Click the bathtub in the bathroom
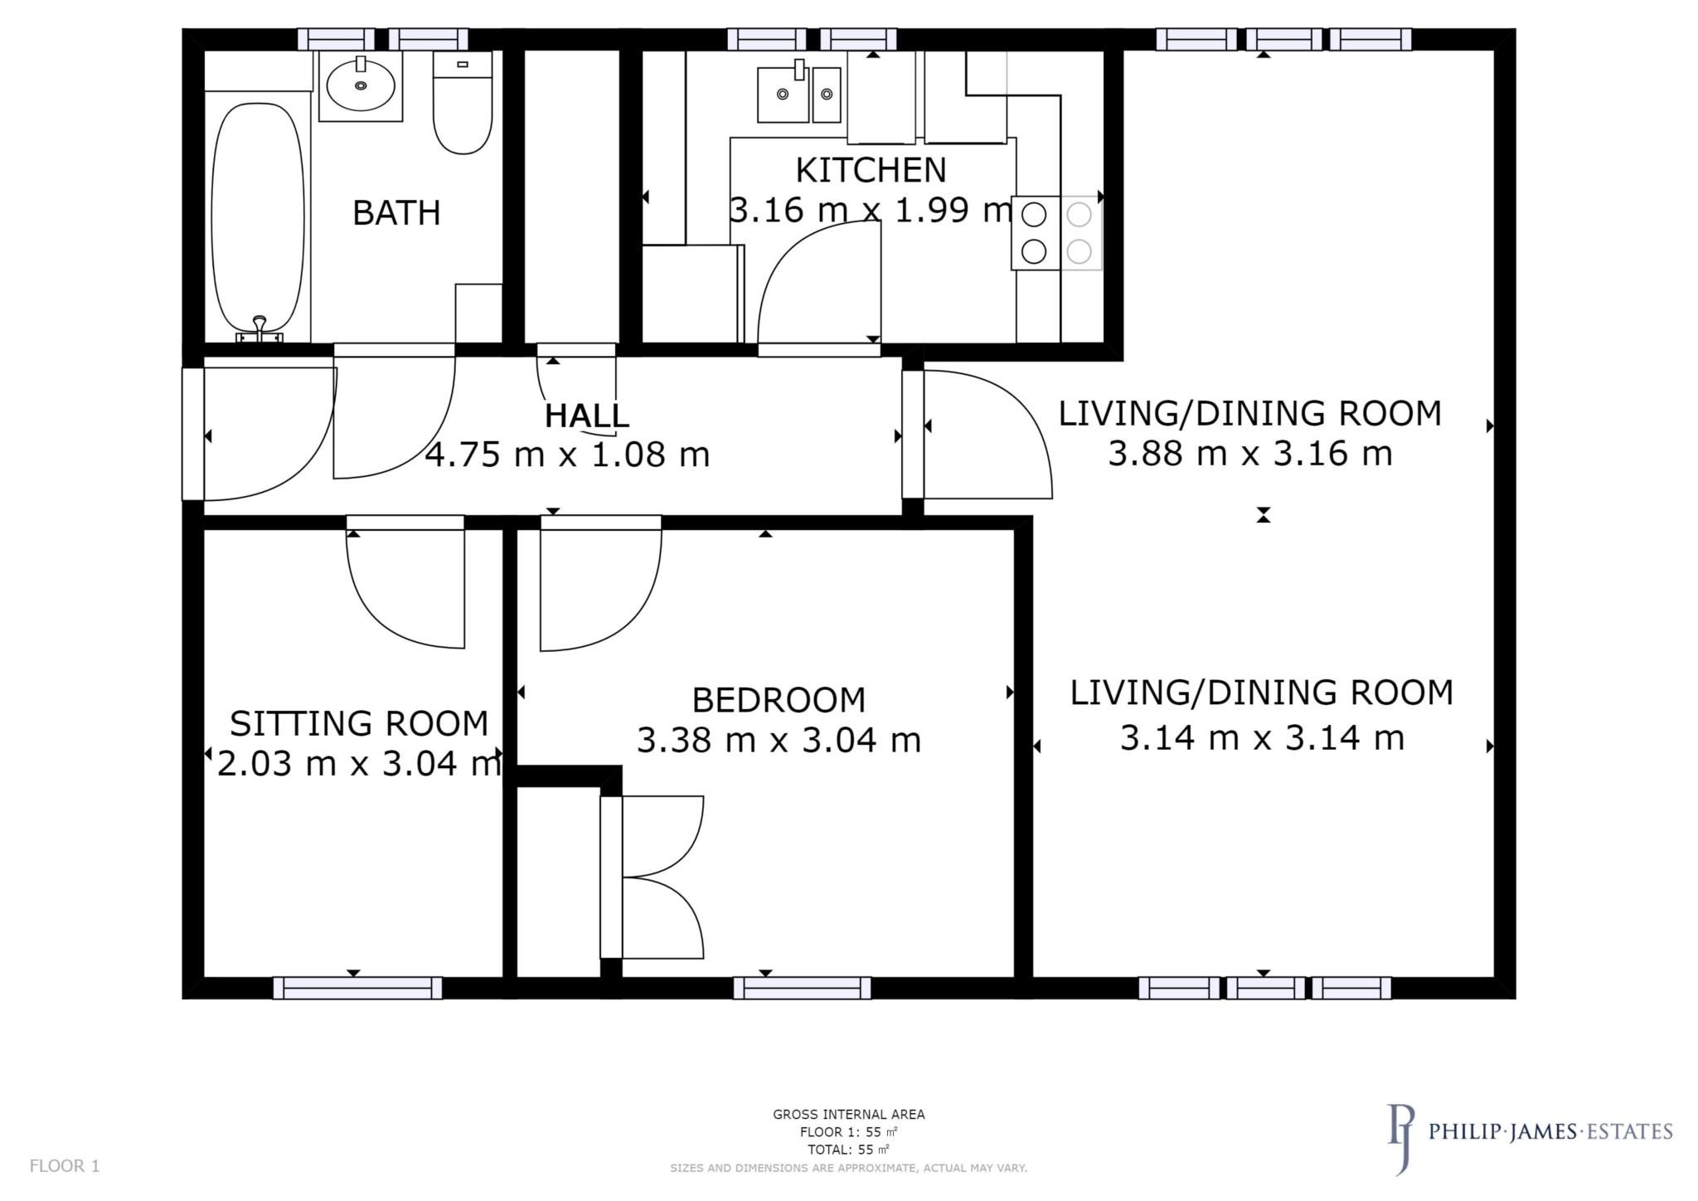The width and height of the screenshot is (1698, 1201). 257,217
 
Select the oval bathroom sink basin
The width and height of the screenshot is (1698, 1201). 361,85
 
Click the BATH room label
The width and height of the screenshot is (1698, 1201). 396,213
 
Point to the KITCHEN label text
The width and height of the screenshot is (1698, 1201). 871,170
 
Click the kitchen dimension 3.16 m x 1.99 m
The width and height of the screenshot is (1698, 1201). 871,210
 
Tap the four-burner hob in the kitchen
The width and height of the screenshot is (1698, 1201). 1056,233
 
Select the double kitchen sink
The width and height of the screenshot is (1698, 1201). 798,95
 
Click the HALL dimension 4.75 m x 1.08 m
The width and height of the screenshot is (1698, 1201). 567,455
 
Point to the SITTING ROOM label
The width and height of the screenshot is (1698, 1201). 359,723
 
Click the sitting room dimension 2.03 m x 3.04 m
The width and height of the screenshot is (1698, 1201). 359,764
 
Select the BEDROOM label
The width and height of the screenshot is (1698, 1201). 779,700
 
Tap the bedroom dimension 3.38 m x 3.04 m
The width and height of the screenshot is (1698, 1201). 779,740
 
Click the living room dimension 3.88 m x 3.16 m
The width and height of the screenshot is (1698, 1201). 1250,454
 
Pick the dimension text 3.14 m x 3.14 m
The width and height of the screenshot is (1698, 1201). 1262,737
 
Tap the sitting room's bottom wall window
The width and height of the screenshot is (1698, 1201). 357,987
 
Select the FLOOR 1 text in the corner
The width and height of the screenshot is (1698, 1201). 65,1165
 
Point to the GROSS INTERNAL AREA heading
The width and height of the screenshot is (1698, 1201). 848,1114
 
